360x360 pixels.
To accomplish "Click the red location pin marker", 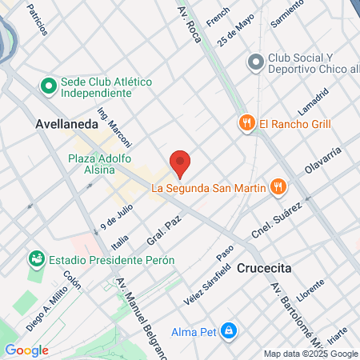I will (x=181, y=162).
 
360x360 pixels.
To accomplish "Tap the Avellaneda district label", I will (x=66, y=125).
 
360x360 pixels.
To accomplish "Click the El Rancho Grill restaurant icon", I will (x=246, y=122).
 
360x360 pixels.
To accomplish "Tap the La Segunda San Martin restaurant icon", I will (x=278, y=187).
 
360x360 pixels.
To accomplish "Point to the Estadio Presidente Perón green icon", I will (x=36, y=258).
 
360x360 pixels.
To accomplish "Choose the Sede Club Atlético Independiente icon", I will (x=48, y=83).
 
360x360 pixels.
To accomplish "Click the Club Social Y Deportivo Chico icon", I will (x=256, y=61).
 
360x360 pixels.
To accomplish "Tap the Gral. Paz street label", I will (x=160, y=230).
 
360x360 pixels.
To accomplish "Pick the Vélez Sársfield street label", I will (x=201, y=280).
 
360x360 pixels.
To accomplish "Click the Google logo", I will (x=26, y=350).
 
